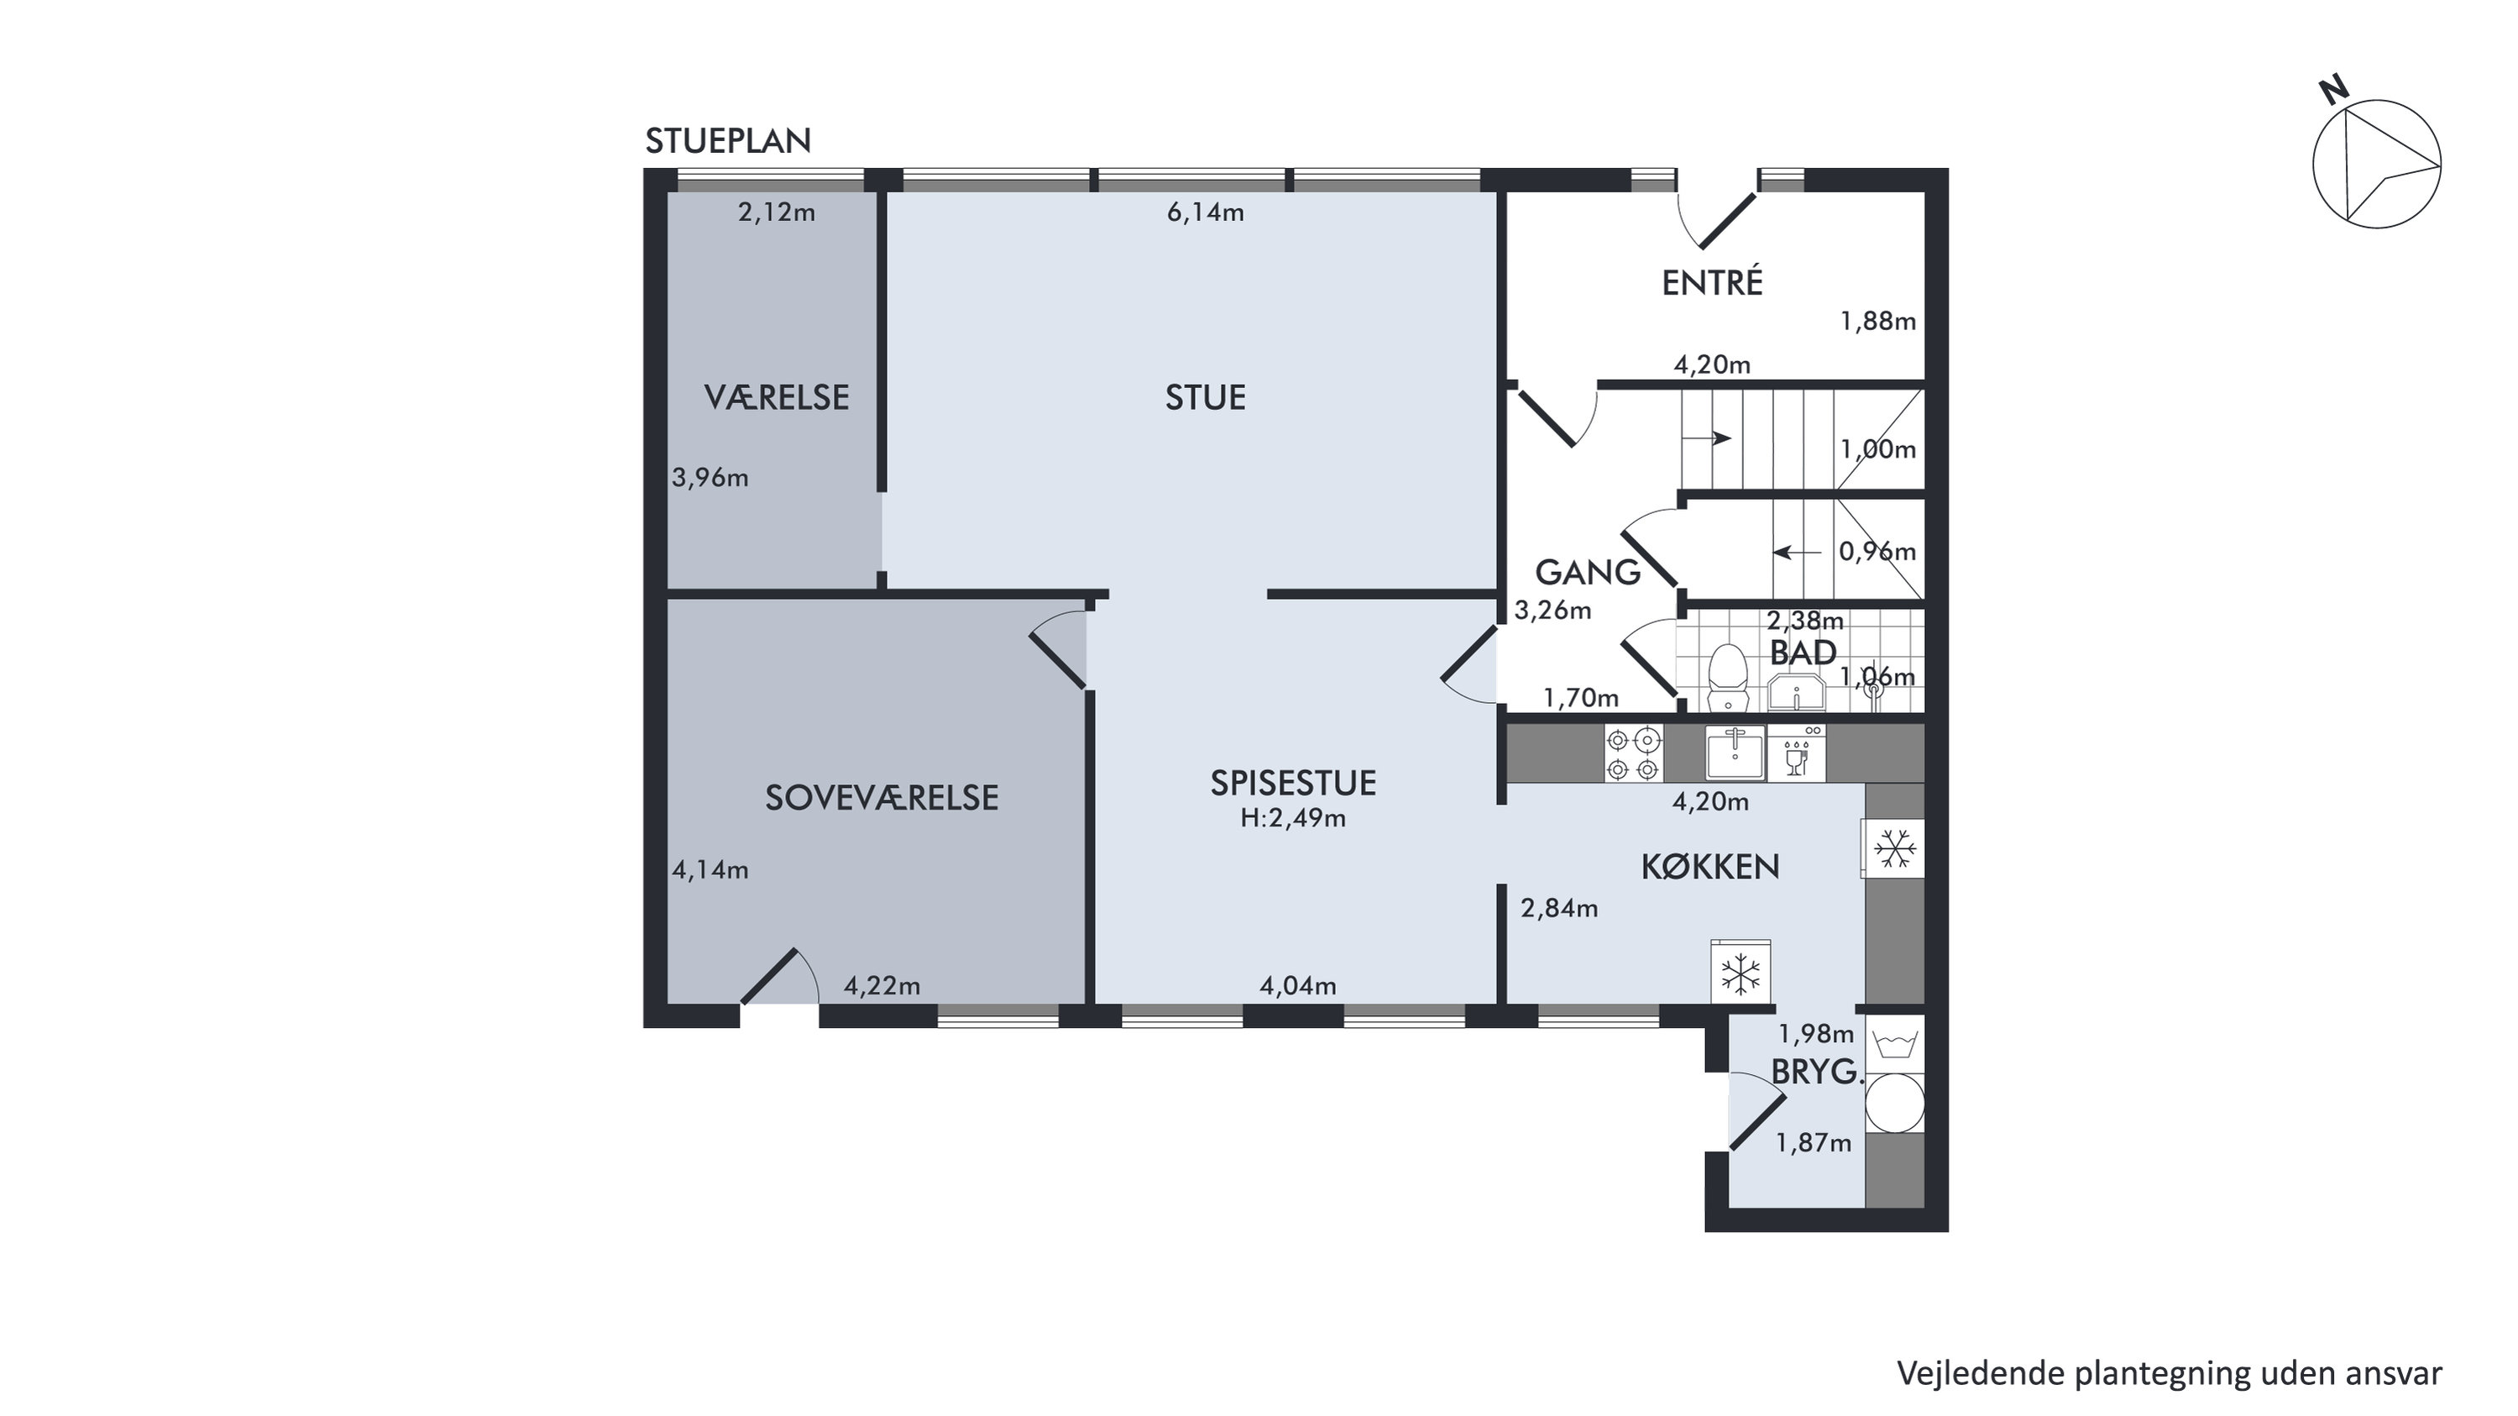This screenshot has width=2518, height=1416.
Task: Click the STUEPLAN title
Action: coord(728,141)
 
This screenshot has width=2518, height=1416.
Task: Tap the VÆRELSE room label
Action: coord(776,397)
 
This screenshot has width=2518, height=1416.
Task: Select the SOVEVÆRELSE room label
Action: coord(882,798)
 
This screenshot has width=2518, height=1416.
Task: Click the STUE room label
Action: coord(1205,397)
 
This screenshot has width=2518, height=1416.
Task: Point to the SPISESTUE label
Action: coord(1293,782)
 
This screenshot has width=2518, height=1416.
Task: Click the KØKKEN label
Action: coord(1709,867)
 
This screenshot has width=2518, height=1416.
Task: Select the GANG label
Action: coord(1588,572)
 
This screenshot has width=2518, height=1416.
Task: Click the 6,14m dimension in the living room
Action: coord(1205,212)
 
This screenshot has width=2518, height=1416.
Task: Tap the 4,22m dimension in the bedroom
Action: coord(882,986)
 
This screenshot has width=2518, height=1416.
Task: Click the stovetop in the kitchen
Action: coord(1633,753)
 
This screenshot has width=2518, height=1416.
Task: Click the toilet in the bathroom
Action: coord(1728,677)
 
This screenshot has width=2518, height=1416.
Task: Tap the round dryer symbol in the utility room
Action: coord(1895,1104)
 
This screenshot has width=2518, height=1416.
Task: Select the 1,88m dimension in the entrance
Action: coord(1877,322)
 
